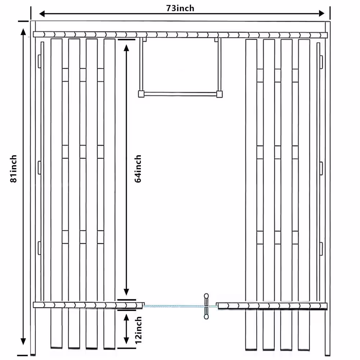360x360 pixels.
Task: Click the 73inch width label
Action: (x=180, y=8)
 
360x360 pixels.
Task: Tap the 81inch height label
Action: (x=14, y=168)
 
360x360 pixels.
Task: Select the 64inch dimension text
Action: (x=138, y=168)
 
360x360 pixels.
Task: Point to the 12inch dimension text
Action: (x=138, y=330)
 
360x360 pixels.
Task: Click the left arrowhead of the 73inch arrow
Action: (x=42, y=14)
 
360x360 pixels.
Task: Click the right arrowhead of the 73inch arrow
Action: (x=321, y=14)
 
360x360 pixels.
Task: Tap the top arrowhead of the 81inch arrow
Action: (x=23, y=32)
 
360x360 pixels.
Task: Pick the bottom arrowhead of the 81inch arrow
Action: (x=23, y=342)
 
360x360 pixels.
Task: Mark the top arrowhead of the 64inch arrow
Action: (x=126, y=48)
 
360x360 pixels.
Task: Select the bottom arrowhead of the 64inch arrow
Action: (x=126, y=292)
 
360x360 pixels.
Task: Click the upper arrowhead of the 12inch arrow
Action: (x=126, y=317)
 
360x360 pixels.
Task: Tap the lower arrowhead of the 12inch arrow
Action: (x=126, y=341)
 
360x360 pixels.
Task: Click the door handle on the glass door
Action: (x=206, y=306)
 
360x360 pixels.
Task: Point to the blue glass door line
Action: (x=180, y=306)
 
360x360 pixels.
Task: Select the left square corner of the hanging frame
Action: (x=141, y=94)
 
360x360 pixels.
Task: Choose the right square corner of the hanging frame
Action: (x=219, y=94)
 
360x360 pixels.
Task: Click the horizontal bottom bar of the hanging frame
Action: (x=180, y=94)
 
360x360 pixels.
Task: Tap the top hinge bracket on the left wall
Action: (x=39, y=62)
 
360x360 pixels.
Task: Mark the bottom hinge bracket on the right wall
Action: (x=321, y=249)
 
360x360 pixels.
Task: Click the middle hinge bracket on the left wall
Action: (x=39, y=168)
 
